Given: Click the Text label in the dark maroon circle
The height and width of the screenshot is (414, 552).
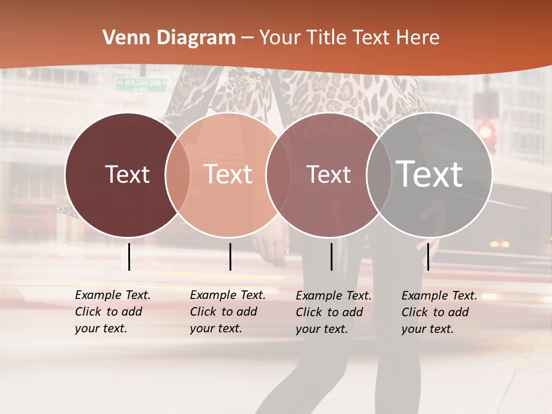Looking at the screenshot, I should tap(127, 174).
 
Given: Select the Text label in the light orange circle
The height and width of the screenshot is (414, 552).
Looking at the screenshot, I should tap(228, 174).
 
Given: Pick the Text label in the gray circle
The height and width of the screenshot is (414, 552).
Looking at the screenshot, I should tap(430, 174).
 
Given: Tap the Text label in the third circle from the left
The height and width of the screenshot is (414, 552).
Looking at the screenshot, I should tap(329, 174).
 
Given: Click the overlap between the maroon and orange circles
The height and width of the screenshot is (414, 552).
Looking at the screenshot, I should tap(178, 175).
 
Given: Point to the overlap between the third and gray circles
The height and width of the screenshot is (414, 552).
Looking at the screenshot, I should tap(379, 175).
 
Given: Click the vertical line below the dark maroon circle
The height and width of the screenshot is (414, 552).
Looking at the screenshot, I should tap(129, 256).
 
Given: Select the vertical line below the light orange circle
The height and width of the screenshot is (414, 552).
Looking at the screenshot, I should tap(230, 256).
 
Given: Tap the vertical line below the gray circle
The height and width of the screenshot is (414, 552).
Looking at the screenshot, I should tap(428, 256).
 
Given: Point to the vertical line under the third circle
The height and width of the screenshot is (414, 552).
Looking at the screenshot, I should tap(331, 256).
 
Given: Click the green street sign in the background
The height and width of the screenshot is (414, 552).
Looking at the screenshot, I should tap(141, 84).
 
